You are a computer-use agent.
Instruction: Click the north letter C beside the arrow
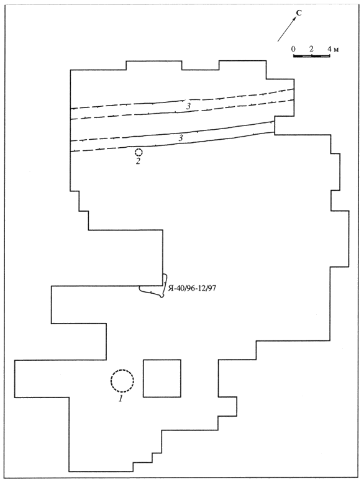[299, 13]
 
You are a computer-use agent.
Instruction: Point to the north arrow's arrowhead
[294, 19]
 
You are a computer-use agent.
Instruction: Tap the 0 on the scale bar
[293, 49]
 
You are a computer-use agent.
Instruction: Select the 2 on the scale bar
[311, 49]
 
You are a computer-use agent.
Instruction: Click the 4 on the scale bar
[329, 49]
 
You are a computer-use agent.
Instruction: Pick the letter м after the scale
[336, 50]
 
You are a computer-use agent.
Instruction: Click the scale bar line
[311, 56]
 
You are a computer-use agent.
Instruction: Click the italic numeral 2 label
[138, 161]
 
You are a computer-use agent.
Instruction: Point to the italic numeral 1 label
[121, 399]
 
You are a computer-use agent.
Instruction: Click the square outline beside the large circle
[162, 360]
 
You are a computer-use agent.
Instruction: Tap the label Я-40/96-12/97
[192, 288]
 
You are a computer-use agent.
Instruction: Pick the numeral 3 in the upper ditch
[188, 106]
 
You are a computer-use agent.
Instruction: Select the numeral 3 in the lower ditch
[181, 138]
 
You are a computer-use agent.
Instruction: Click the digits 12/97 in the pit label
[207, 288]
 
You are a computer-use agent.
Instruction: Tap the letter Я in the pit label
[171, 288]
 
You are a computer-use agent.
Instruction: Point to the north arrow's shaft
[286, 29]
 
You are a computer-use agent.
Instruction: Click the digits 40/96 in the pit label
[185, 288]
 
